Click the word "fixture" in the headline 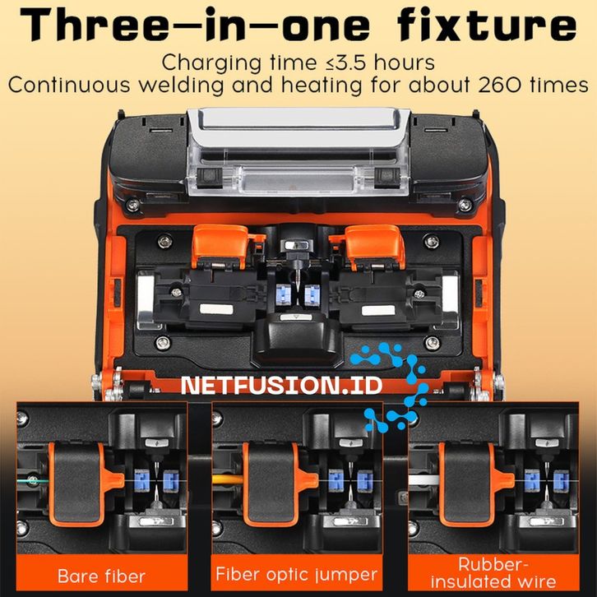tap(487, 25)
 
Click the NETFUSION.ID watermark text tap(282, 386)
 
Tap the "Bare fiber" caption tap(102, 576)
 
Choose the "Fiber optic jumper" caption tap(296, 574)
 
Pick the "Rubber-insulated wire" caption tap(493, 573)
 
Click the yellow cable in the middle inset tap(228, 479)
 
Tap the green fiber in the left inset tap(33, 480)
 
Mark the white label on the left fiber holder tap(216, 309)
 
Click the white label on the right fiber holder tap(378, 310)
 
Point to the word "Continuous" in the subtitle tap(69, 85)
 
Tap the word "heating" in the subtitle tap(322, 86)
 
